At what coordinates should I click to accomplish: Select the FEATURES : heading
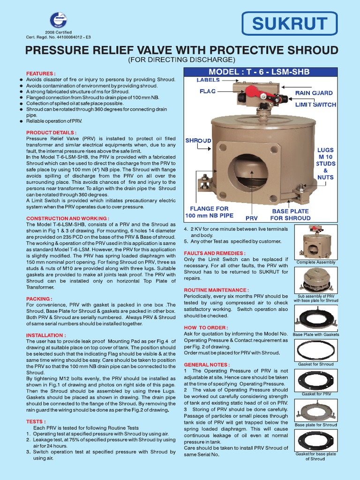click(40, 74)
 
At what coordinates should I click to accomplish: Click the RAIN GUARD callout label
click(314, 93)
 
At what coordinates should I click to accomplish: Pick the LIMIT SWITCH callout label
click(315, 105)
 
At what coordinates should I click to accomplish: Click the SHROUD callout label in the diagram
click(198, 141)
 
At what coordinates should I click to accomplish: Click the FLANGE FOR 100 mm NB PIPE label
click(209, 212)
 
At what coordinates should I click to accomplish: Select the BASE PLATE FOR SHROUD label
click(290, 214)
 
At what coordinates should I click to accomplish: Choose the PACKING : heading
click(39, 298)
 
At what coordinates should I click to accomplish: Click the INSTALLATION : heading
click(46, 335)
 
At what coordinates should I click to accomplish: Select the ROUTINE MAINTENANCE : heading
click(216, 290)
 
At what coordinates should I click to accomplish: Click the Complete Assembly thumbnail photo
click(316, 242)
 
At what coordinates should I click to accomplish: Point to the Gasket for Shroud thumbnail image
click(315, 350)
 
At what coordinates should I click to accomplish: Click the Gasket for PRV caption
click(315, 394)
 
